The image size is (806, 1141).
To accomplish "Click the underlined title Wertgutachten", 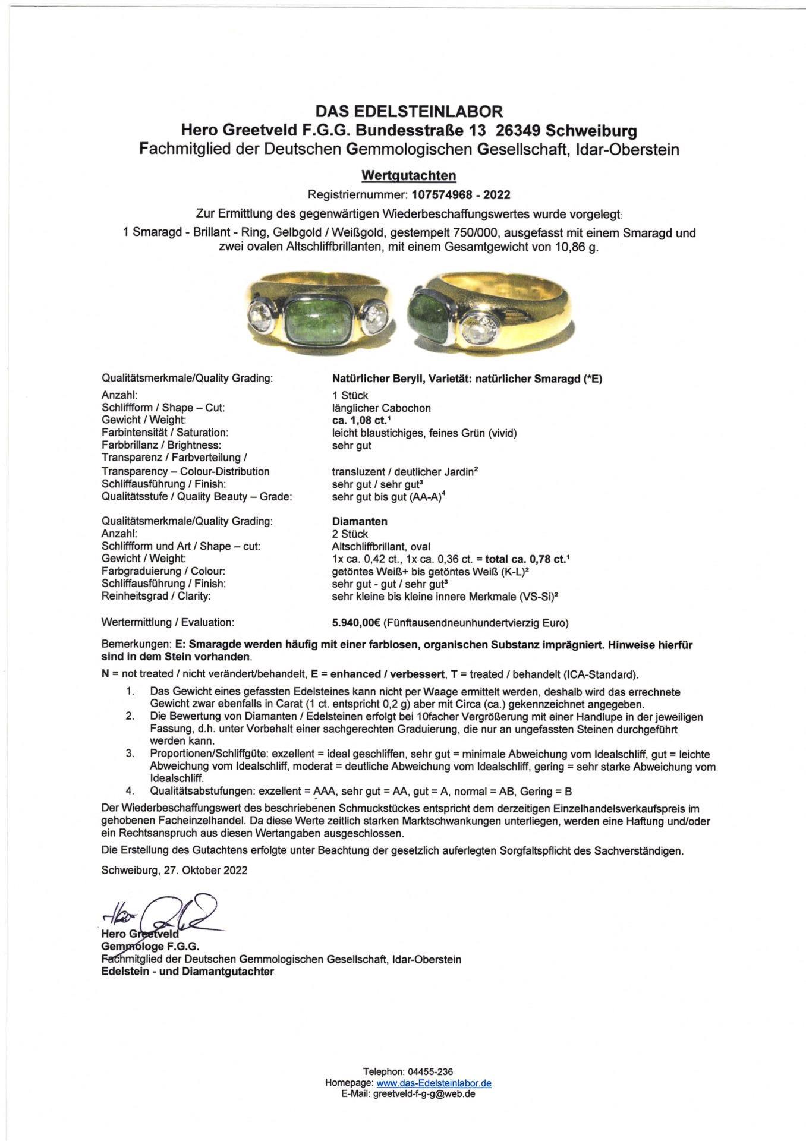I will tap(409, 175).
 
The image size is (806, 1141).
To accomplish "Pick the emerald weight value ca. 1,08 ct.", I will tap(355, 420).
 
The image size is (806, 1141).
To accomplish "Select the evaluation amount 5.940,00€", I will tap(357, 622).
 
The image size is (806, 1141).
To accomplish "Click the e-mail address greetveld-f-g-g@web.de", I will tap(424, 1094).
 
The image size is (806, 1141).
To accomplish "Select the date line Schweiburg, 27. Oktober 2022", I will tap(174, 870).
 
